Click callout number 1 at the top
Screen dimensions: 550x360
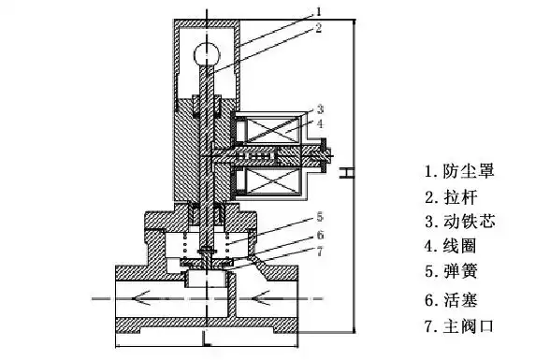(318, 11)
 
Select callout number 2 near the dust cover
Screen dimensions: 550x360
(318, 28)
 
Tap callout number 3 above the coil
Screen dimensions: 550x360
(320, 109)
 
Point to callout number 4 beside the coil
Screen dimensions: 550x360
(320, 123)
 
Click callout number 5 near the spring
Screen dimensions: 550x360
(320, 217)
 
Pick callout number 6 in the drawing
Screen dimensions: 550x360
(320, 235)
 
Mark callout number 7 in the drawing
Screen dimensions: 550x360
(320, 252)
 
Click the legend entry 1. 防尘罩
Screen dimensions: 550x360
(460, 171)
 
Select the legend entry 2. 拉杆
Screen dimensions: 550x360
(452, 197)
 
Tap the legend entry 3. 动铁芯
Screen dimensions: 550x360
(460, 222)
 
